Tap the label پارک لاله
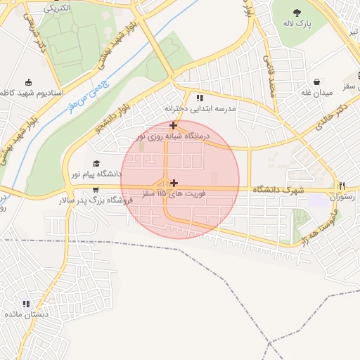tap(297, 25)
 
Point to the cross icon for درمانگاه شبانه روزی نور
tap(173, 125)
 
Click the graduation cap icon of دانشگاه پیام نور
tap(96, 163)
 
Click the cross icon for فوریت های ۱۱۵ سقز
tap(174, 183)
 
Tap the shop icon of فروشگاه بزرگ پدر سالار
tap(96, 190)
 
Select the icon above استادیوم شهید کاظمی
tap(28, 82)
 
